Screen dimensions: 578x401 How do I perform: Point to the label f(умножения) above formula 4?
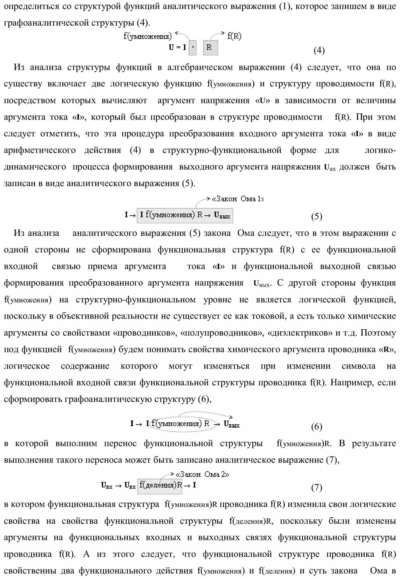point(148,36)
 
